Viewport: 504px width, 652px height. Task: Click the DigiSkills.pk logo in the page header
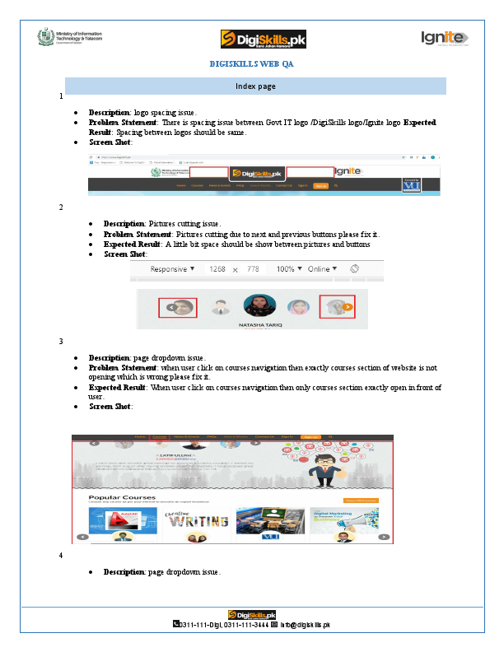coord(263,39)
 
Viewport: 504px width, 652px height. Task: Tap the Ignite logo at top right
coord(445,38)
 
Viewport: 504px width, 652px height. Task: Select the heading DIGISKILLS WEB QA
coord(251,63)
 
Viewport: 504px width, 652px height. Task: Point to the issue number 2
coord(61,207)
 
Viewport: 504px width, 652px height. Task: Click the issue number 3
coord(61,341)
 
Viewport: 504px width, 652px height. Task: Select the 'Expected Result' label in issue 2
coord(132,244)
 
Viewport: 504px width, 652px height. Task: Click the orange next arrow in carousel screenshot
coord(348,307)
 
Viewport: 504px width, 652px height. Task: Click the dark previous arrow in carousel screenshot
coord(170,307)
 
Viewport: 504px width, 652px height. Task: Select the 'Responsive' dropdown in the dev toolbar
coord(172,269)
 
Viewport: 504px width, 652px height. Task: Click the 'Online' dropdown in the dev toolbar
coord(323,269)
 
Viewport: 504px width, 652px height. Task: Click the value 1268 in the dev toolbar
coord(217,269)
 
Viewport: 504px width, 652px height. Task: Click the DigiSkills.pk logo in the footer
coord(252,615)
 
